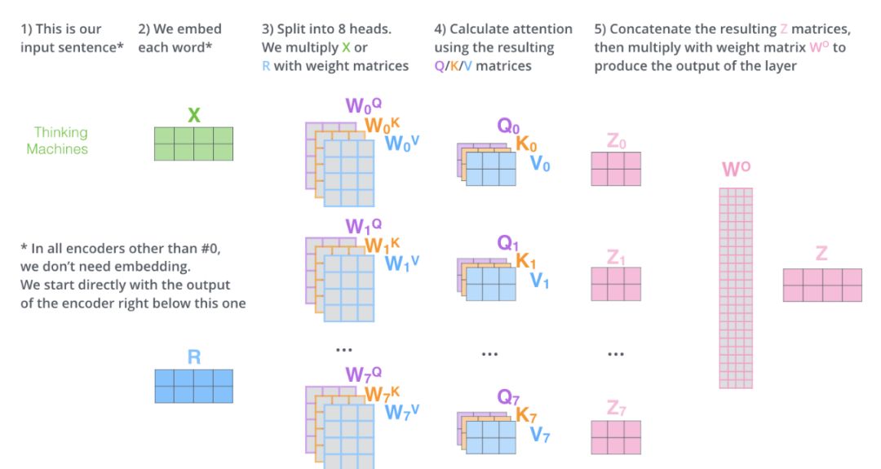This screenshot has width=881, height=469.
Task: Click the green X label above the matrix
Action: (x=194, y=115)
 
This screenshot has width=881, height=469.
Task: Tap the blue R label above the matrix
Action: (x=194, y=356)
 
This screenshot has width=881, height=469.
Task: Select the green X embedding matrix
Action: (x=194, y=144)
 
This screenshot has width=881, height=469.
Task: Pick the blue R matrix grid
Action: (x=194, y=386)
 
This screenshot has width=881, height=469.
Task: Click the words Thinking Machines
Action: (x=57, y=140)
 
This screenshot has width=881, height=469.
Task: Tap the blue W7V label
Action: (x=402, y=413)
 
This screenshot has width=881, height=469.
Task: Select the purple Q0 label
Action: (x=509, y=126)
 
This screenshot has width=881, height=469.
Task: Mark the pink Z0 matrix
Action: (x=616, y=169)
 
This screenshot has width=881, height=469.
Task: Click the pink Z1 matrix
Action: (x=616, y=284)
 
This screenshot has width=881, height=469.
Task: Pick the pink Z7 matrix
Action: (x=616, y=437)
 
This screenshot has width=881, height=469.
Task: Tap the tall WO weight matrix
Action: (x=736, y=288)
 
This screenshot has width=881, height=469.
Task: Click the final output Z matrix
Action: (x=822, y=285)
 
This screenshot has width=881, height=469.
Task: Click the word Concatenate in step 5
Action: (x=649, y=29)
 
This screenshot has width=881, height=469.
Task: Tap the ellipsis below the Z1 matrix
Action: (x=616, y=354)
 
